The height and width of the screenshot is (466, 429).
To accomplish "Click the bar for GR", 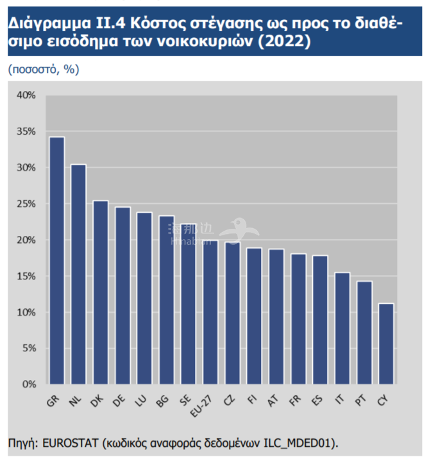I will pos(57,260).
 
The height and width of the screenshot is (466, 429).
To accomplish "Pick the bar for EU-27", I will pos(210,312).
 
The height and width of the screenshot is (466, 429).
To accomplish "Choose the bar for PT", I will pos(363,333).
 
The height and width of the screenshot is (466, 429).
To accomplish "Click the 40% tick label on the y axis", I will pos(26,96).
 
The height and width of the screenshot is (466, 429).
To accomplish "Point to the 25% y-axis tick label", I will pos(26,204).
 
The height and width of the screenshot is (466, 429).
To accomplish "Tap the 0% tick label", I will pos(29,385).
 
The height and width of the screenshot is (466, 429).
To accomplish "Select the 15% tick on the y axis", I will pos(26,276).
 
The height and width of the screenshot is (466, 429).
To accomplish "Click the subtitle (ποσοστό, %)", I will pos(44,69).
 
